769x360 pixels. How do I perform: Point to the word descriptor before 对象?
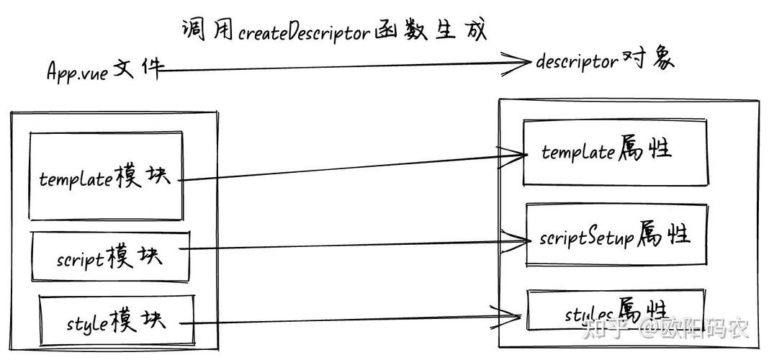click(577, 62)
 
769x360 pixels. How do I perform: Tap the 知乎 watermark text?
click(601, 330)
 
